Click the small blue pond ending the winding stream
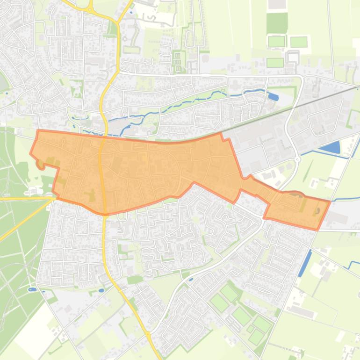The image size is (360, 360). pyautogui.click(x=273, y=97)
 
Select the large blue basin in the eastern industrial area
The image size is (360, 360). pyautogui.click(x=330, y=148)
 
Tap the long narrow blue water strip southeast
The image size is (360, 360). pyautogui.click(x=305, y=262)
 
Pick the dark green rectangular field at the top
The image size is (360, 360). pyautogui.click(x=277, y=22)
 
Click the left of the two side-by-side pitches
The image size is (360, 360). pyautogui.click(x=276, y=42)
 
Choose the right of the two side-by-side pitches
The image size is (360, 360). pyautogui.click(x=299, y=42)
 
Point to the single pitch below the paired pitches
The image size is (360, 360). pyautogui.click(x=275, y=62)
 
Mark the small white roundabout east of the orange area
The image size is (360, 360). pyautogui.click(x=298, y=159)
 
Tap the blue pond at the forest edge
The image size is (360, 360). pyautogui.click(x=32, y=290)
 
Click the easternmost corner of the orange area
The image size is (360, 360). pyautogui.click(x=330, y=202)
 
